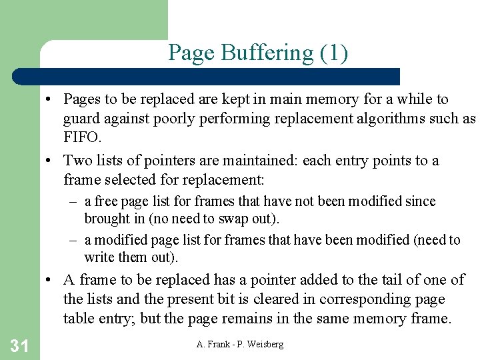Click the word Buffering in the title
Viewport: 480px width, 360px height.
[257, 53]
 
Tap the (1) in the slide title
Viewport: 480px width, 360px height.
[333, 53]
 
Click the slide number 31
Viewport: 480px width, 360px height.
[19, 345]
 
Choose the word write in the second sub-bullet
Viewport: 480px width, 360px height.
[99, 257]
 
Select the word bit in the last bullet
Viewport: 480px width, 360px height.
[223, 299]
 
